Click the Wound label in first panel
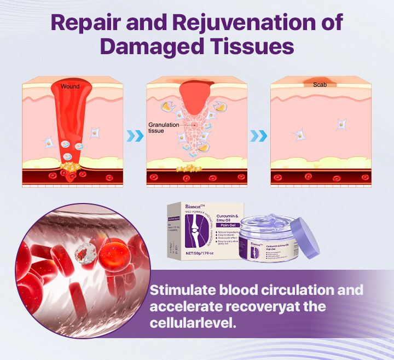point(70,86)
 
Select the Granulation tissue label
point(160,128)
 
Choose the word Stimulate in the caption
point(182,290)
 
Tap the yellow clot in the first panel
point(70,165)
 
